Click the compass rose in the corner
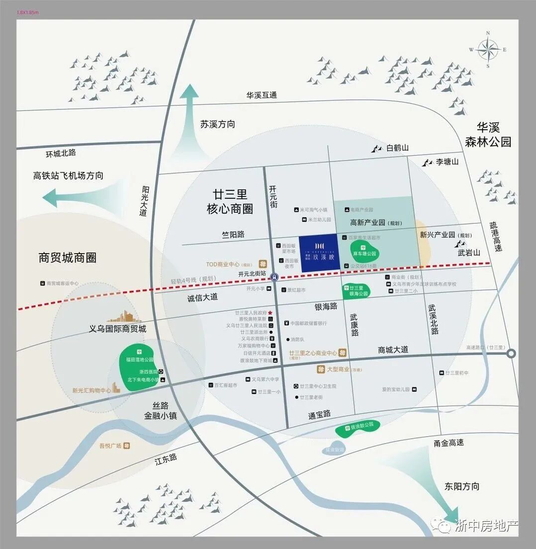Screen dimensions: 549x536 click(x=487, y=49)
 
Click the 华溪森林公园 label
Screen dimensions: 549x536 click(x=488, y=134)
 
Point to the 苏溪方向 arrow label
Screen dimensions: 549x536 click(x=218, y=124)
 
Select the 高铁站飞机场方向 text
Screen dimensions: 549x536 click(x=68, y=176)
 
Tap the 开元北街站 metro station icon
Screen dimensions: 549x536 click(x=274, y=276)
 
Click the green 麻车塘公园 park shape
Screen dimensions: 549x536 click(x=366, y=248)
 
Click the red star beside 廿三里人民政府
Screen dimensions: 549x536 click(x=270, y=313)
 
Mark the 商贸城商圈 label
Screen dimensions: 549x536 click(x=67, y=257)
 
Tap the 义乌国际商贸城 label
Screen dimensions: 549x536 click(x=117, y=329)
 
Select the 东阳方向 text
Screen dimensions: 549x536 click(x=462, y=486)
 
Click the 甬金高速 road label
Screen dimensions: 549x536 click(x=448, y=443)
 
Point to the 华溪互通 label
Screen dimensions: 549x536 click(x=262, y=95)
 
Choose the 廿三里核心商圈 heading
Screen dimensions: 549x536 click(x=230, y=201)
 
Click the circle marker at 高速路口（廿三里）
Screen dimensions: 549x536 click(x=511, y=354)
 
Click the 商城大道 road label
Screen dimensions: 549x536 click(x=393, y=350)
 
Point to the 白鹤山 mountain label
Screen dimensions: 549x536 click(x=397, y=148)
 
